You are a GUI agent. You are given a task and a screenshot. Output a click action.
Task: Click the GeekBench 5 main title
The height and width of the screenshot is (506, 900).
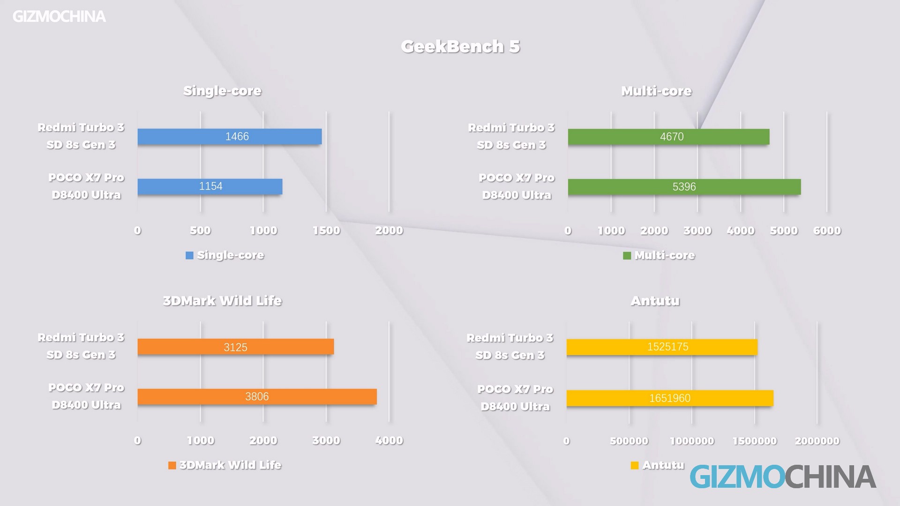460,46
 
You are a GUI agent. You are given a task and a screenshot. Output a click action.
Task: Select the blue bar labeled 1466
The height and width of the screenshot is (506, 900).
230,136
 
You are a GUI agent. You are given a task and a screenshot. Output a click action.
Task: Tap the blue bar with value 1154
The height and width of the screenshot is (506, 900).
210,186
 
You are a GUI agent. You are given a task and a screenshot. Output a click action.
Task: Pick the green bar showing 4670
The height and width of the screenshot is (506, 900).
668,137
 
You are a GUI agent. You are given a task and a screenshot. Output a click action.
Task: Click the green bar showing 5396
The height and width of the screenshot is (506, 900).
684,187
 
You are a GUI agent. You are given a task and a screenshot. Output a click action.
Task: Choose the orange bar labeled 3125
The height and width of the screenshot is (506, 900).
235,347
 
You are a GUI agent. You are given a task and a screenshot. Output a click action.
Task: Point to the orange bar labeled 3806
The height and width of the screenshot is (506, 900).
257,397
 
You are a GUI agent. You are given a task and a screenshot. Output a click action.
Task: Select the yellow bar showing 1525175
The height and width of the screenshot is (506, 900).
662,347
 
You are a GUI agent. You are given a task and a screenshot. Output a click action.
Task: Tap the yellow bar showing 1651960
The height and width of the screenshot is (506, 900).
670,398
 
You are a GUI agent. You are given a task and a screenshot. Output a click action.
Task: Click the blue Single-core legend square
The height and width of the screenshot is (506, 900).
189,255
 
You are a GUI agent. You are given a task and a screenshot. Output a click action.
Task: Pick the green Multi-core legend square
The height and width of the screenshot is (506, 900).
627,255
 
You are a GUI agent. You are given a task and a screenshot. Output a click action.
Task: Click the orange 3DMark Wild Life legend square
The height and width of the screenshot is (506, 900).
172,465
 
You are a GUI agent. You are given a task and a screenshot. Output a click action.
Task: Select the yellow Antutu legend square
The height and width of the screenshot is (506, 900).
635,465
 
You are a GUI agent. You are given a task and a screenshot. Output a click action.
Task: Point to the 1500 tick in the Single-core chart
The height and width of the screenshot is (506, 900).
326,231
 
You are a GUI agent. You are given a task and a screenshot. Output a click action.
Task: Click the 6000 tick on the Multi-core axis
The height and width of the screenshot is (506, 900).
827,231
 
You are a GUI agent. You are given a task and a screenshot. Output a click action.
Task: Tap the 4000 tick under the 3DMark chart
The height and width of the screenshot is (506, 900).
389,440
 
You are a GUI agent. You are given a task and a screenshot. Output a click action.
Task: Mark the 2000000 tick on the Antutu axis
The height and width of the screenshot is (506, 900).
817,441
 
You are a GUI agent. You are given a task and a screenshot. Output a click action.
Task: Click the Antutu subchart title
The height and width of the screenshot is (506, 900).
655,301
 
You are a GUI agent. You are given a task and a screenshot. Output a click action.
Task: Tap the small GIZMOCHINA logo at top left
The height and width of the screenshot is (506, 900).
59,17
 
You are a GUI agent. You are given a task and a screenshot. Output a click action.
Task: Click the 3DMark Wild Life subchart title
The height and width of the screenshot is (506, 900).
222,301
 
